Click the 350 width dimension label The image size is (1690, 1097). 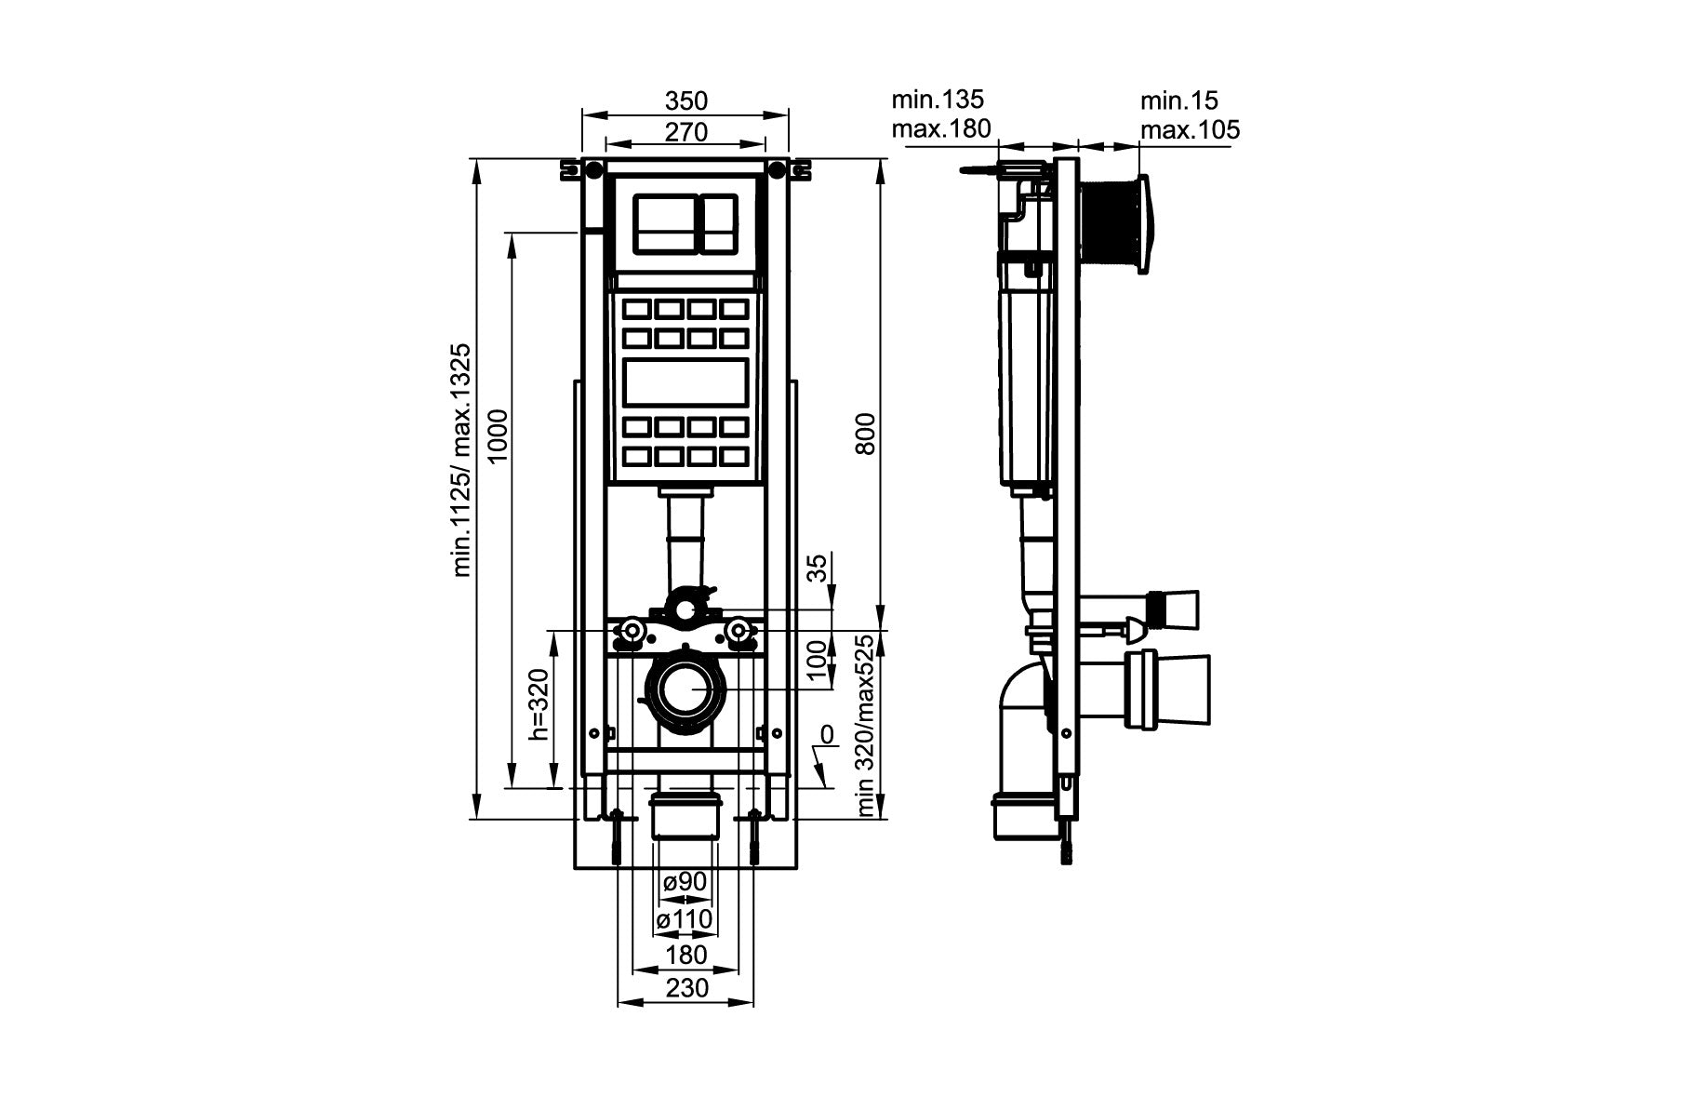[x=686, y=100]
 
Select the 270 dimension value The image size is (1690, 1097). [x=686, y=132]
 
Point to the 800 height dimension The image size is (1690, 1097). [x=866, y=433]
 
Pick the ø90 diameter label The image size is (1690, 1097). [x=685, y=881]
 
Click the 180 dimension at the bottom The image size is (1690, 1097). [x=686, y=955]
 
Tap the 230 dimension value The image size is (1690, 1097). [x=686, y=987]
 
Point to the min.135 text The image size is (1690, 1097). [x=937, y=99]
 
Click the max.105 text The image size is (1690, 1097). [x=1191, y=130]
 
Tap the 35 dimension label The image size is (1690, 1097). [x=817, y=568]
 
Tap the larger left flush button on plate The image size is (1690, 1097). [x=664, y=223]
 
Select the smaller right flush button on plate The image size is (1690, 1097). [x=719, y=223]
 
